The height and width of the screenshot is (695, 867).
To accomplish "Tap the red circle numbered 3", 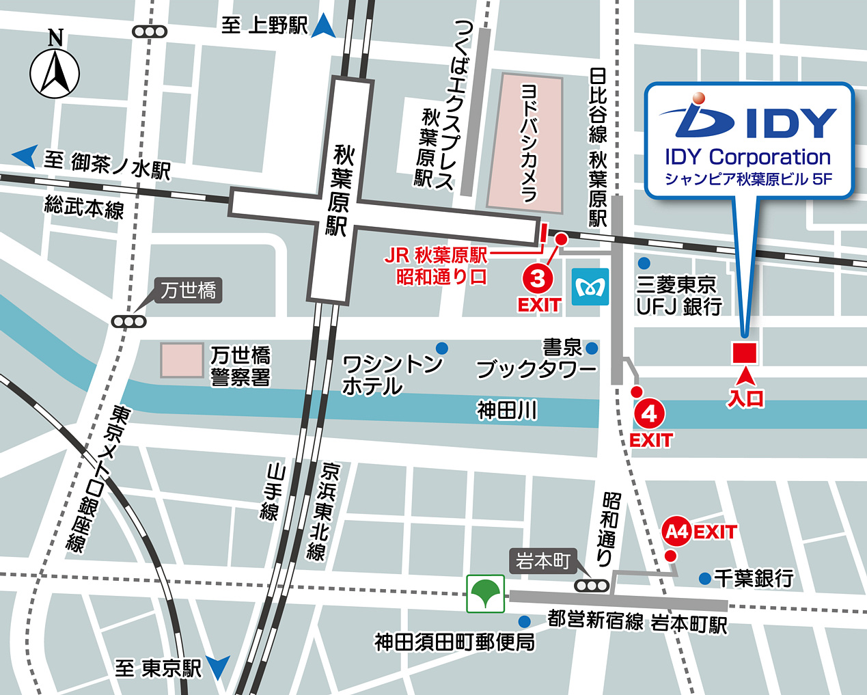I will coord(538,279).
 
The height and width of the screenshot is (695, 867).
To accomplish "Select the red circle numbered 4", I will coord(649,413).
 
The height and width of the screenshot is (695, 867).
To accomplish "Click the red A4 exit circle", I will coord(676,532).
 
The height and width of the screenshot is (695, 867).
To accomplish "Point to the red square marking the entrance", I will coord(744,353).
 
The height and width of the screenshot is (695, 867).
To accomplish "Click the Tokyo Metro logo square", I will coord(590,287).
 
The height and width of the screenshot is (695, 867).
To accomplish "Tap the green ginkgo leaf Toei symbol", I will coord(486,593).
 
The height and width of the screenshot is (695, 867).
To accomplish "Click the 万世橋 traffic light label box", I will coord(189,290).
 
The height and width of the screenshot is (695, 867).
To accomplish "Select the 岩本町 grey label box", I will coord(543,561).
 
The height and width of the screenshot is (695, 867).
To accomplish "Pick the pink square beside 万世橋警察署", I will coord(182,360).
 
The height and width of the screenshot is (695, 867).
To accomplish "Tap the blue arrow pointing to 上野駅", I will coord(324,26).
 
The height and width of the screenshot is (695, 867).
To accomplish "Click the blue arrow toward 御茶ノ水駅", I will coord(25,156).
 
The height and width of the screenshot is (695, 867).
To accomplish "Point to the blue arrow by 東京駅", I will coord(219,666).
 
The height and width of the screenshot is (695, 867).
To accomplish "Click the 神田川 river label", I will coord(507,410).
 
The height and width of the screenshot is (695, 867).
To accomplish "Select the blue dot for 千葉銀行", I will coord(704,579).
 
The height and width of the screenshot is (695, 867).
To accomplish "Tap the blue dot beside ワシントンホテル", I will coord(442,348).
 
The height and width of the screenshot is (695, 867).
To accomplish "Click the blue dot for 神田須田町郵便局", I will coord(524,622).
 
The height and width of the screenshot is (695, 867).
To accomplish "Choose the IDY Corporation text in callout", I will coord(747,157).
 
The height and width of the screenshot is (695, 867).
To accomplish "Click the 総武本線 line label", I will coord(84,206).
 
